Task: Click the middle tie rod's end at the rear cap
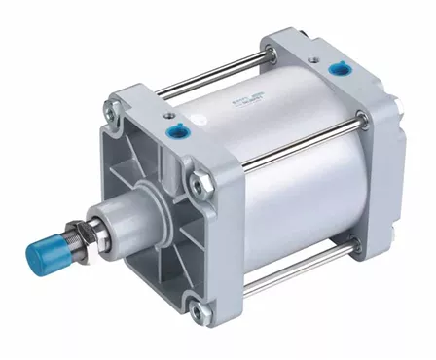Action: pyautogui.click(x=363, y=122)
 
